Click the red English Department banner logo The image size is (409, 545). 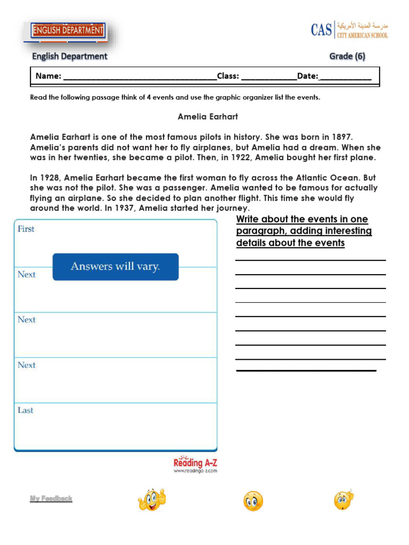68,31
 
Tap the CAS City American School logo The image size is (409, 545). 349,29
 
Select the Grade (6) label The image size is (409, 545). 347,56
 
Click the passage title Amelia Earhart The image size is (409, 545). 208,116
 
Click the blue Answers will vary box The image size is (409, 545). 115,267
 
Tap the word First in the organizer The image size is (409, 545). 26,229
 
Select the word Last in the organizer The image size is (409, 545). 25,410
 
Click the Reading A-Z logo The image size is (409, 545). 195,464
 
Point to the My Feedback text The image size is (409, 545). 51,499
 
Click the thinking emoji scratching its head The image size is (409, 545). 343,500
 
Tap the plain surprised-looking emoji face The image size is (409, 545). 253,501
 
